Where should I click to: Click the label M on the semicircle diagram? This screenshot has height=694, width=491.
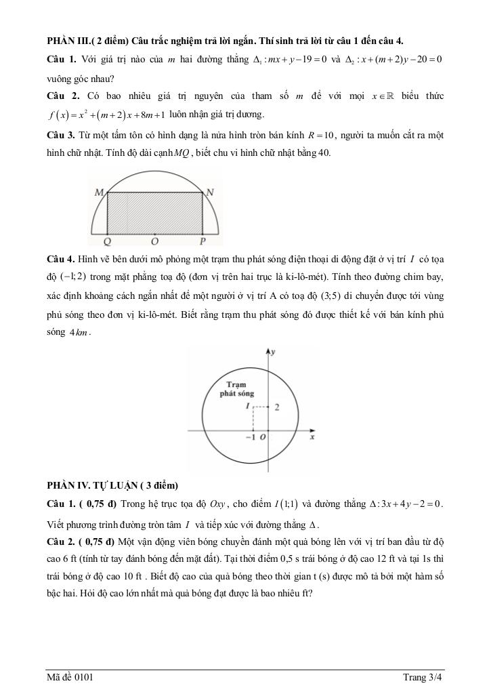(x=99, y=193)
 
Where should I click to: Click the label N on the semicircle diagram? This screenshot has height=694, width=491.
(x=210, y=192)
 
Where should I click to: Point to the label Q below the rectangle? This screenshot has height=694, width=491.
(x=108, y=241)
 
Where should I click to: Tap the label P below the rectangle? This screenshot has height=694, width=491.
(x=202, y=241)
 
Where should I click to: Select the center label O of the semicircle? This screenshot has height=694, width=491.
(x=155, y=241)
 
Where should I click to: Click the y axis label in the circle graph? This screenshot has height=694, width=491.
(x=272, y=353)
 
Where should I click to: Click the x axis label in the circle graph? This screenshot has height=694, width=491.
(x=312, y=438)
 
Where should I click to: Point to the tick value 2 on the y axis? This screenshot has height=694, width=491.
(x=276, y=407)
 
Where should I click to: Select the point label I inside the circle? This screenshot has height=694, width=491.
(x=248, y=406)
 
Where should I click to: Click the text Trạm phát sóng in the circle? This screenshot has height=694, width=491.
(x=236, y=388)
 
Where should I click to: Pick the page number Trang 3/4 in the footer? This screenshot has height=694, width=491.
(x=423, y=676)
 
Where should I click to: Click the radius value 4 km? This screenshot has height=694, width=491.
(x=79, y=333)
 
